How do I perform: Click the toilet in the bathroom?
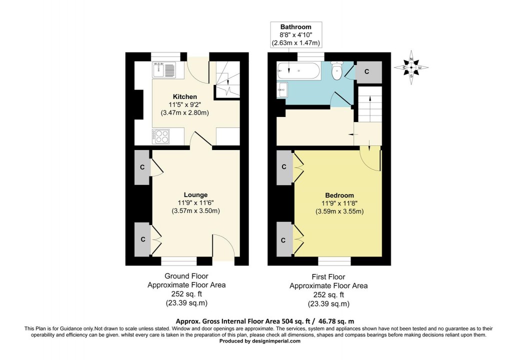[x=337, y=70]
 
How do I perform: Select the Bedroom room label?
[x=339, y=195]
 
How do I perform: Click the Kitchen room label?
[x=184, y=96]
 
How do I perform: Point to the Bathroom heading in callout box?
[x=295, y=27]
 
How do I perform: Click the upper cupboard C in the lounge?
[x=142, y=167]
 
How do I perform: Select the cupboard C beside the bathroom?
[x=366, y=72]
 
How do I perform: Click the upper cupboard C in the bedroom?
[x=283, y=167]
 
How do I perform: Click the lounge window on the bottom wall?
[x=178, y=260]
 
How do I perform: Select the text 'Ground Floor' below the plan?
[x=186, y=276]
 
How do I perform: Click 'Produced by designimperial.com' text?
[x=260, y=341]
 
